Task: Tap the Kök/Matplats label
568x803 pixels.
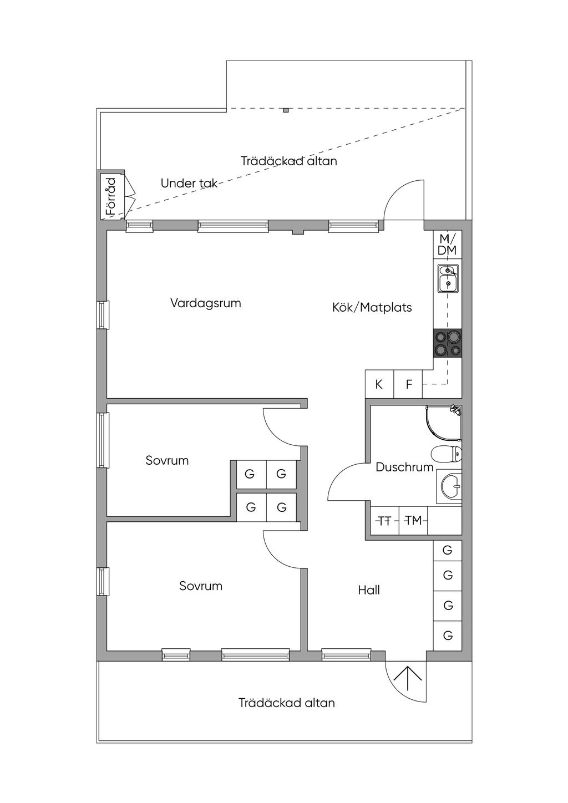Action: point(372,307)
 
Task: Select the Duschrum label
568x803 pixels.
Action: point(404,467)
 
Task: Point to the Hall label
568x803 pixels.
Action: point(369,590)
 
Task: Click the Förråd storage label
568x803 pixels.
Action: point(112,196)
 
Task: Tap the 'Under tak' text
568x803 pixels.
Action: point(189,184)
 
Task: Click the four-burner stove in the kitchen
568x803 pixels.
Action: point(448,343)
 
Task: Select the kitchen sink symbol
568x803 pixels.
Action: point(448,278)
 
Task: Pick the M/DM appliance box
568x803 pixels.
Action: point(448,245)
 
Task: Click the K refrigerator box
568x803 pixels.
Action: point(379,384)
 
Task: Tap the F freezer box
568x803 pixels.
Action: point(408,384)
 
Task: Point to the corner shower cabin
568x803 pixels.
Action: point(444,422)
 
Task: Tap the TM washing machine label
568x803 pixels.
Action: point(413,520)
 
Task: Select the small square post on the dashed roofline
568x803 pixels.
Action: point(286,110)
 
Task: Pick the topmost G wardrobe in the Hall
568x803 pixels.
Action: point(448,550)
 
